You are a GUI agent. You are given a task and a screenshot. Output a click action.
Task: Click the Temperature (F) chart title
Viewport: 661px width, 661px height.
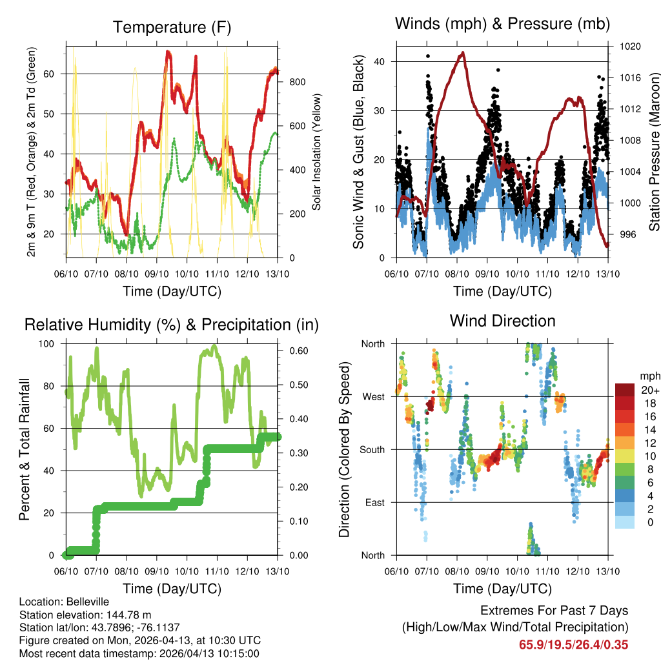(x=172, y=27)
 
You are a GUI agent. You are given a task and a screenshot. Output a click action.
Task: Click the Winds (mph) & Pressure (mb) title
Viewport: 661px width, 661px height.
(x=502, y=24)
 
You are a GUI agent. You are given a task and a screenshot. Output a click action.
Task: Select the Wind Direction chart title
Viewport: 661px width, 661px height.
(x=502, y=321)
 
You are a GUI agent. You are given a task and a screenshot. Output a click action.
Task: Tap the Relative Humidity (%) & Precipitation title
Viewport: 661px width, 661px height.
(x=172, y=325)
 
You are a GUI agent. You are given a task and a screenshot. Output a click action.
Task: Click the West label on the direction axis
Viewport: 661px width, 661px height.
(x=374, y=396)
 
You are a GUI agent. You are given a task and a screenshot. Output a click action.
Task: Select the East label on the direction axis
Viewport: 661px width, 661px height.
(x=375, y=502)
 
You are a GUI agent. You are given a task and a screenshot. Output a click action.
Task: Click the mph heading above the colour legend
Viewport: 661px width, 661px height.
(x=649, y=376)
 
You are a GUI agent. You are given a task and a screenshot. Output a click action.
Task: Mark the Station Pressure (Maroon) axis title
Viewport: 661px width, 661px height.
(x=654, y=143)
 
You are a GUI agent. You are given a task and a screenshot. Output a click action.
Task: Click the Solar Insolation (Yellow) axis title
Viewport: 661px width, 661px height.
(x=318, y=152)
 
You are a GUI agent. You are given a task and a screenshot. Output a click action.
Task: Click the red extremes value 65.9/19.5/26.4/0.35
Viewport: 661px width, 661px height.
(x=573, y=644)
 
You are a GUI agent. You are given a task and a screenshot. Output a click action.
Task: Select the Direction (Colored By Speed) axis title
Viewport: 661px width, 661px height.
(x=344, y=449)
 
